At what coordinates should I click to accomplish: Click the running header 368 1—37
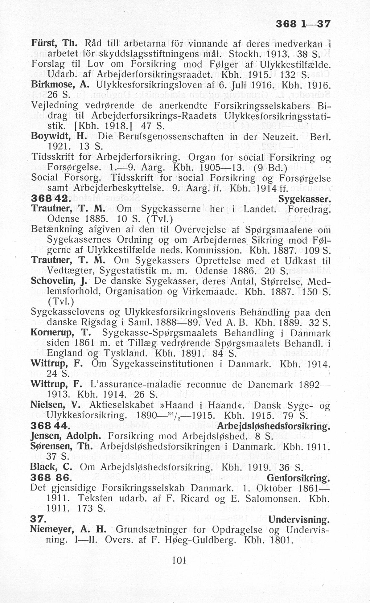click(x=303, y=24)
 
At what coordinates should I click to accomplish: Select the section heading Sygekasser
click(x=304, y=199)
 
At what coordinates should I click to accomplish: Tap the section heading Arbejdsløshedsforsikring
click(x=274, y=426)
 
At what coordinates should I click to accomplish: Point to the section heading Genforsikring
click(x=298, y=478)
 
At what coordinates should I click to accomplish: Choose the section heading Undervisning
click(x=299, y=520)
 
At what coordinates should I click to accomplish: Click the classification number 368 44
click(x=50, y=426)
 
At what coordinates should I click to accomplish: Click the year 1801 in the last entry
click(x=281, y=540)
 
